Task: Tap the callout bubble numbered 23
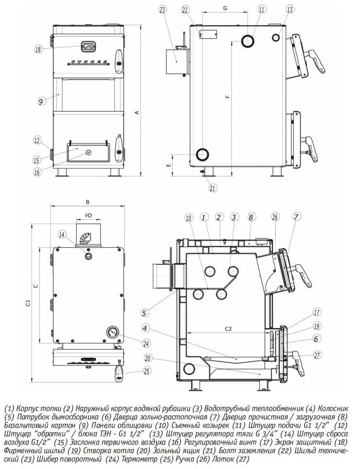(162, 10)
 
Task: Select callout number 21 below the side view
(212, 188)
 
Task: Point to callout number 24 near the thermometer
(146, 344)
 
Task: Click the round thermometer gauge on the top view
(112, 332)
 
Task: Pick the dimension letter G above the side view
(225, 8)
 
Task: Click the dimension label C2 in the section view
(228, 329)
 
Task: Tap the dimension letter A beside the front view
(137, 113)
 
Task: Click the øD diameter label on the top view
(88, 215)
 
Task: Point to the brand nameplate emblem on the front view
(87, 46)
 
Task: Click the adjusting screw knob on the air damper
(87, 153)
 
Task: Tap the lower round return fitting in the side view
(203, 154)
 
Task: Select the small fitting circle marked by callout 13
(276, 37)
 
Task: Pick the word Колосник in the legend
(333, 408)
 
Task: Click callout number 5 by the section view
(144, 313)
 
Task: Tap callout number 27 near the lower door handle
(317, 355)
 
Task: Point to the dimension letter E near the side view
(168, 165)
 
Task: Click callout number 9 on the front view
(41, 101)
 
